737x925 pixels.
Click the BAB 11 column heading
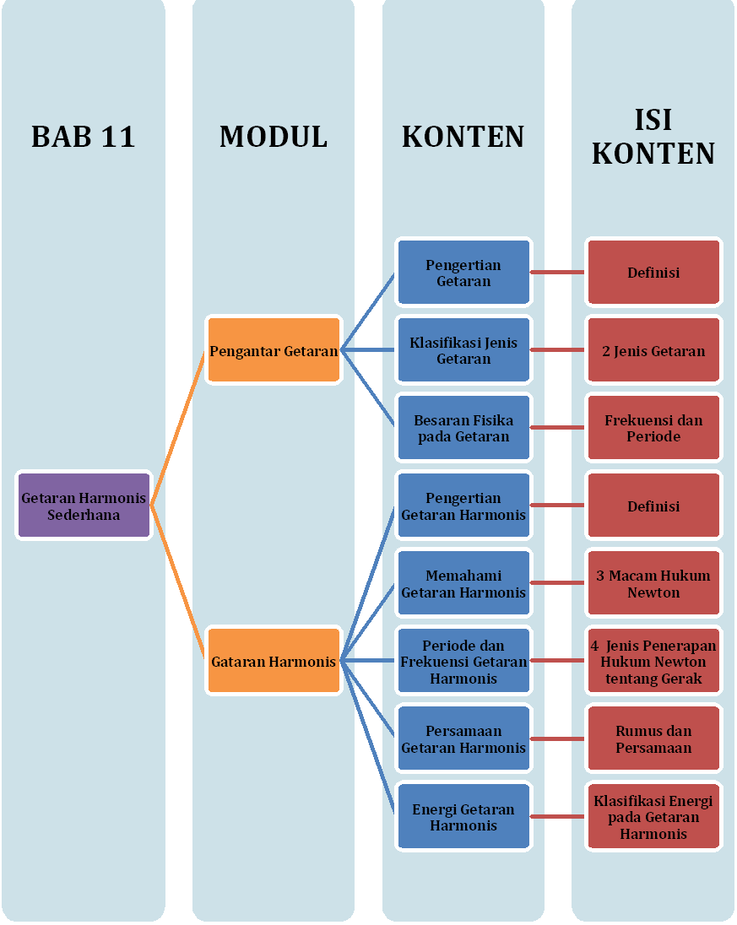point(83,137)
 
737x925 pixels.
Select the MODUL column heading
point(273,137)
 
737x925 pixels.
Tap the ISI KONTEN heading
point(653,137)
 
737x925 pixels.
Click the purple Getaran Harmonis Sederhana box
point(84,506)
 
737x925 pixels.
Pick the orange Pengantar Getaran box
point(274,350)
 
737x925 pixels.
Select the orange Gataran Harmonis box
point(274,662)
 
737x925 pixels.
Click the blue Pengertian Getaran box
point(463,273)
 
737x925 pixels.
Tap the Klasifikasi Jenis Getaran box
point(463,350)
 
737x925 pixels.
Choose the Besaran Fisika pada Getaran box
point(463,428)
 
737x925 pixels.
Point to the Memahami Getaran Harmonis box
point(463,583)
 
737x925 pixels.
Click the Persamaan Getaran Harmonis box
point(463,738)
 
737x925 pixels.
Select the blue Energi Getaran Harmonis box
point(463,816)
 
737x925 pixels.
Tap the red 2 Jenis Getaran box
point(653,350)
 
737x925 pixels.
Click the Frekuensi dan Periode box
point(653,428)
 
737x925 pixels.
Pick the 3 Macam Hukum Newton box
point(653,583)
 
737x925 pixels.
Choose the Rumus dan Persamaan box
point(653,738)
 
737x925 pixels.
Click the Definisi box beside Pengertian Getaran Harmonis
point(653,506)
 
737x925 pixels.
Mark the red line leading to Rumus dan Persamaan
point(558,738)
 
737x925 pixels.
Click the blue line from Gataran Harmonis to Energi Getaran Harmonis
point(368,738)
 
